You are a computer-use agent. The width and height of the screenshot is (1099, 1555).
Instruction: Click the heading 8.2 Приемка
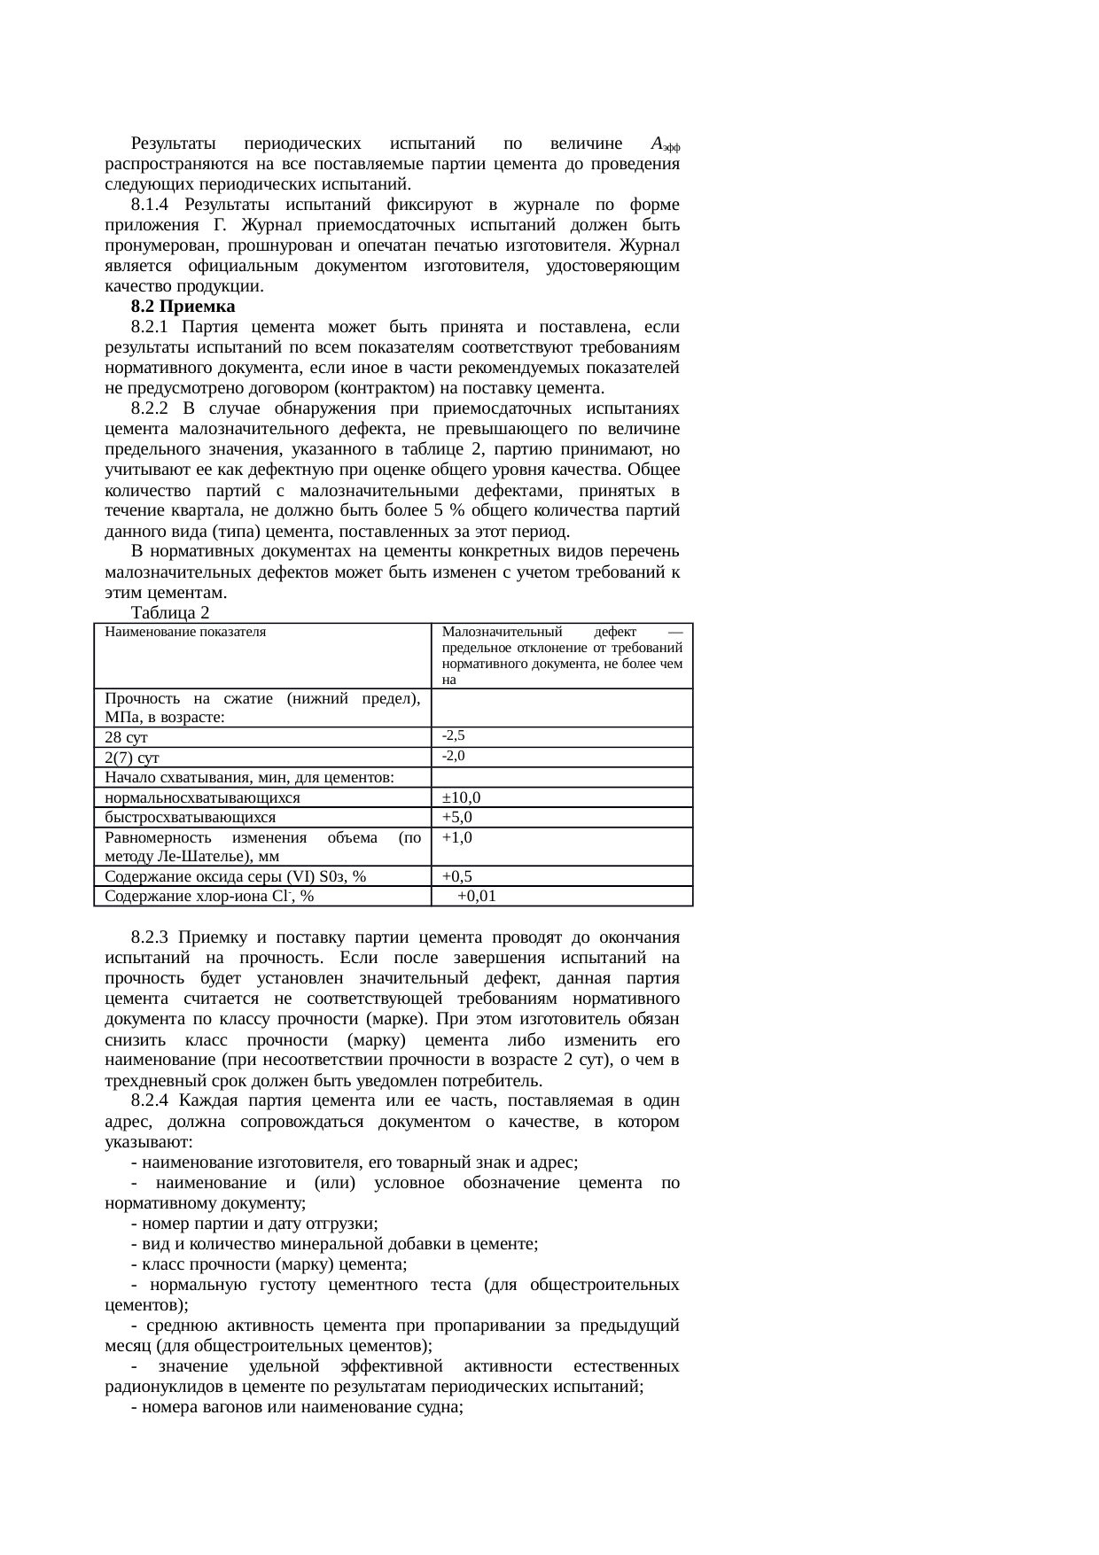[183, 307]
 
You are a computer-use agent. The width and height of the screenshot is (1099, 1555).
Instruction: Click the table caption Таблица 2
[169, 613]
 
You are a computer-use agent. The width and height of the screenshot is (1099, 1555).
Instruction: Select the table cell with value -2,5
[454, 735]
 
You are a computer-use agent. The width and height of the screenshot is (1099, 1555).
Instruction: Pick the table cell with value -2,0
[454, 756]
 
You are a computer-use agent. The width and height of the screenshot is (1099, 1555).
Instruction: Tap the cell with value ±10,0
[462, 797]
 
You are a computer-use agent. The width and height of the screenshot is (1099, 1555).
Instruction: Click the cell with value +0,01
[477, 897]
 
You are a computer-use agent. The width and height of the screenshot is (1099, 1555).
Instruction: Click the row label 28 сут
[126, 737]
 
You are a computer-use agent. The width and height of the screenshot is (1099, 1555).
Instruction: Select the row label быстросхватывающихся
[190, 817]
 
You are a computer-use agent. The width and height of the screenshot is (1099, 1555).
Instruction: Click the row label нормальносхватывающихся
[202, 797]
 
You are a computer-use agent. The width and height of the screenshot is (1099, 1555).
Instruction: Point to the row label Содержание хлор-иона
[208, 897]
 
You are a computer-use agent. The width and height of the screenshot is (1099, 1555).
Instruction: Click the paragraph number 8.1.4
[150, 205]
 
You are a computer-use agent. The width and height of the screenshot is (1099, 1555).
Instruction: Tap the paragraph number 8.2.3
[150, 937]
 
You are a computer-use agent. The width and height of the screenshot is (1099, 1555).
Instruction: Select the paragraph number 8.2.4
[150, 1100]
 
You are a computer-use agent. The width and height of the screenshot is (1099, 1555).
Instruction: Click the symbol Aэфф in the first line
[665, 144]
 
